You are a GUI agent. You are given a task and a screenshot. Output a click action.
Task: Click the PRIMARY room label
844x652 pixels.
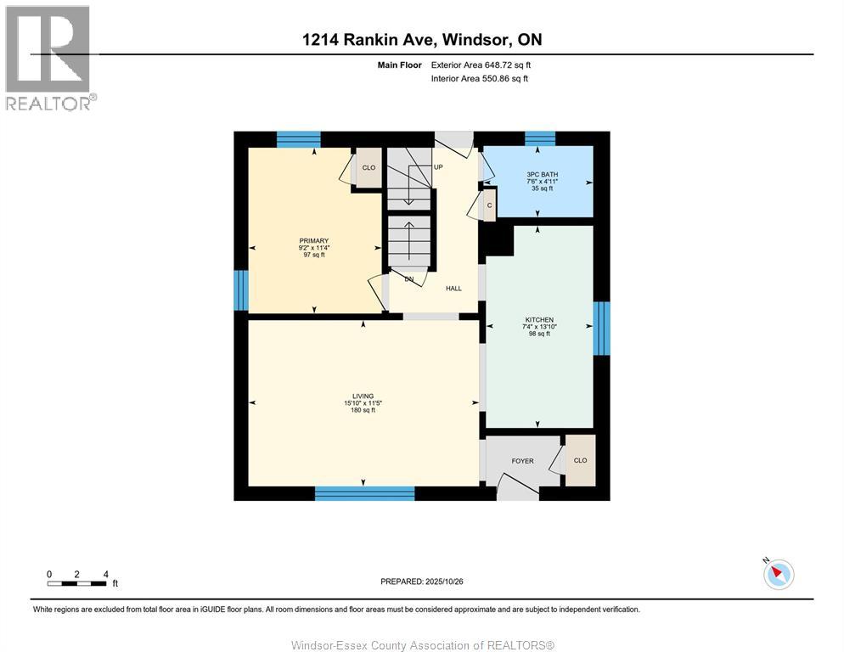(x=313, y=241)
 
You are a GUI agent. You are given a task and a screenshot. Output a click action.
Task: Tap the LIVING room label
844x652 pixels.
(x=363, y=396)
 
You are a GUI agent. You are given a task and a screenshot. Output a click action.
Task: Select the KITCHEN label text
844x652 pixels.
(x=538, y=320)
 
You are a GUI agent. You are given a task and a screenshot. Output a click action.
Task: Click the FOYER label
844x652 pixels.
(x=522, y=461)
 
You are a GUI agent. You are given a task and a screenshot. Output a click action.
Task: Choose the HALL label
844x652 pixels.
(x=453, y=289)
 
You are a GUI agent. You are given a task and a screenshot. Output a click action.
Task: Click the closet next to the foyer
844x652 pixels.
(x=581, y=461)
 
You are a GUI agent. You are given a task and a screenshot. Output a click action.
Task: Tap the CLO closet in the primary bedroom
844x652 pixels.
(x=369, y=168)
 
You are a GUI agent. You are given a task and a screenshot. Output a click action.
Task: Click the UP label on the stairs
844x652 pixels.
(x=438, y=167)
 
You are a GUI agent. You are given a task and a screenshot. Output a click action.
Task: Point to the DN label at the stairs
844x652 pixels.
(x=408, y=279)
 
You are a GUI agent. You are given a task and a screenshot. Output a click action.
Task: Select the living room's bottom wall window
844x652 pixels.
(x=364, y=493)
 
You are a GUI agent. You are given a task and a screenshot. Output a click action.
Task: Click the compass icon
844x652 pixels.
(x=778, y=574)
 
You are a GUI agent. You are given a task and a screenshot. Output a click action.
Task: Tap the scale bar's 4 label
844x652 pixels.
(x=105, y=574)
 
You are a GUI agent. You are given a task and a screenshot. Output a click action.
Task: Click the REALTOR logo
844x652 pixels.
(x=48, y=58)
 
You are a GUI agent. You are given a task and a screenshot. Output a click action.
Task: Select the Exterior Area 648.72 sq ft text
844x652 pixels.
(x=481, y=65)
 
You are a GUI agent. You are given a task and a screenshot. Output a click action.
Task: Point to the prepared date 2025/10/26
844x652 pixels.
(x=421, y=582)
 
